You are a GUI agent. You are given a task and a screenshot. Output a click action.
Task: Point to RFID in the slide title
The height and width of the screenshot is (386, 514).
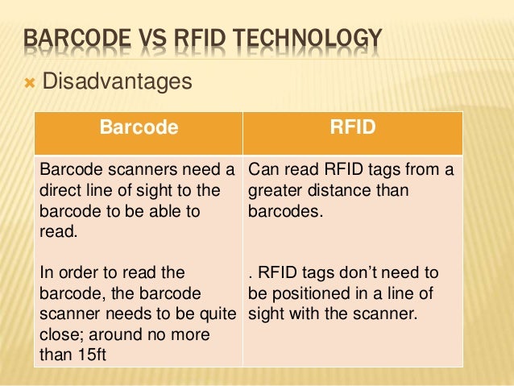point(205,38)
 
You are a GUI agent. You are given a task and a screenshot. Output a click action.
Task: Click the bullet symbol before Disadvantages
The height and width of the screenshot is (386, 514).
point(27,82)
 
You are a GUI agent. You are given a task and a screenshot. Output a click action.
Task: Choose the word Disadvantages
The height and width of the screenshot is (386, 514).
point(117,81)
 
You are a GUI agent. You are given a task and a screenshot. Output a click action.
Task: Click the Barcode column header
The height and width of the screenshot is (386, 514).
point(138,127)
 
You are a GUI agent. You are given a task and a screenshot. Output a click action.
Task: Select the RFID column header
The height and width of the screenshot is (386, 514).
point(352,127)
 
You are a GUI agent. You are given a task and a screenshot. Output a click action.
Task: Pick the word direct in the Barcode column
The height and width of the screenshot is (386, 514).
point(61,191)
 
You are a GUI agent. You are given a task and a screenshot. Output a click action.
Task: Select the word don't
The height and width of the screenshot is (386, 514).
point(361,272)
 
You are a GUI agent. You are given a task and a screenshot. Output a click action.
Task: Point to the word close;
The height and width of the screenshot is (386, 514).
point(61,333)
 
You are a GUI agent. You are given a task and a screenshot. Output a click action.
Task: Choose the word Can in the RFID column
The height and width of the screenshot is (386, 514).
point(263,171)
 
